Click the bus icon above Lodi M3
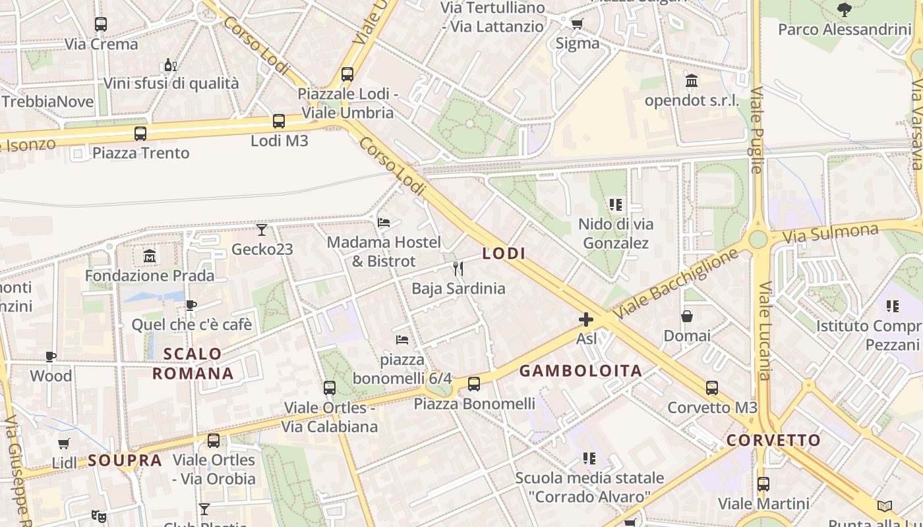tap(279, 121)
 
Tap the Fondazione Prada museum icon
tap(150, 256)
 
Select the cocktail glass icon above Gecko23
tap(262, 230)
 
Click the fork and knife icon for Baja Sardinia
tap(458, 268)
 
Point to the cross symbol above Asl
tap(585, 320)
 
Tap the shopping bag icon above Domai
tap(687, 316)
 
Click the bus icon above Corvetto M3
tap(712, 388)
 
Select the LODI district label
tap(504, 253)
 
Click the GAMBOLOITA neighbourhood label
tap(581, 371)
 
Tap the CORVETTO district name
tap(773, 440)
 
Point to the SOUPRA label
tap(125, 460)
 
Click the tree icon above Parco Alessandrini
tap(844, 10)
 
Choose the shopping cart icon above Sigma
tap(577, 24)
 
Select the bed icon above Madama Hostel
tap(384, 222)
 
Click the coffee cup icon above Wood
tap(51, 356)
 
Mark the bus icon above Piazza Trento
tap(140, 134)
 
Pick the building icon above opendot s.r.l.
tap(692, 81)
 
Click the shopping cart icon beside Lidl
tap(63, 443)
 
